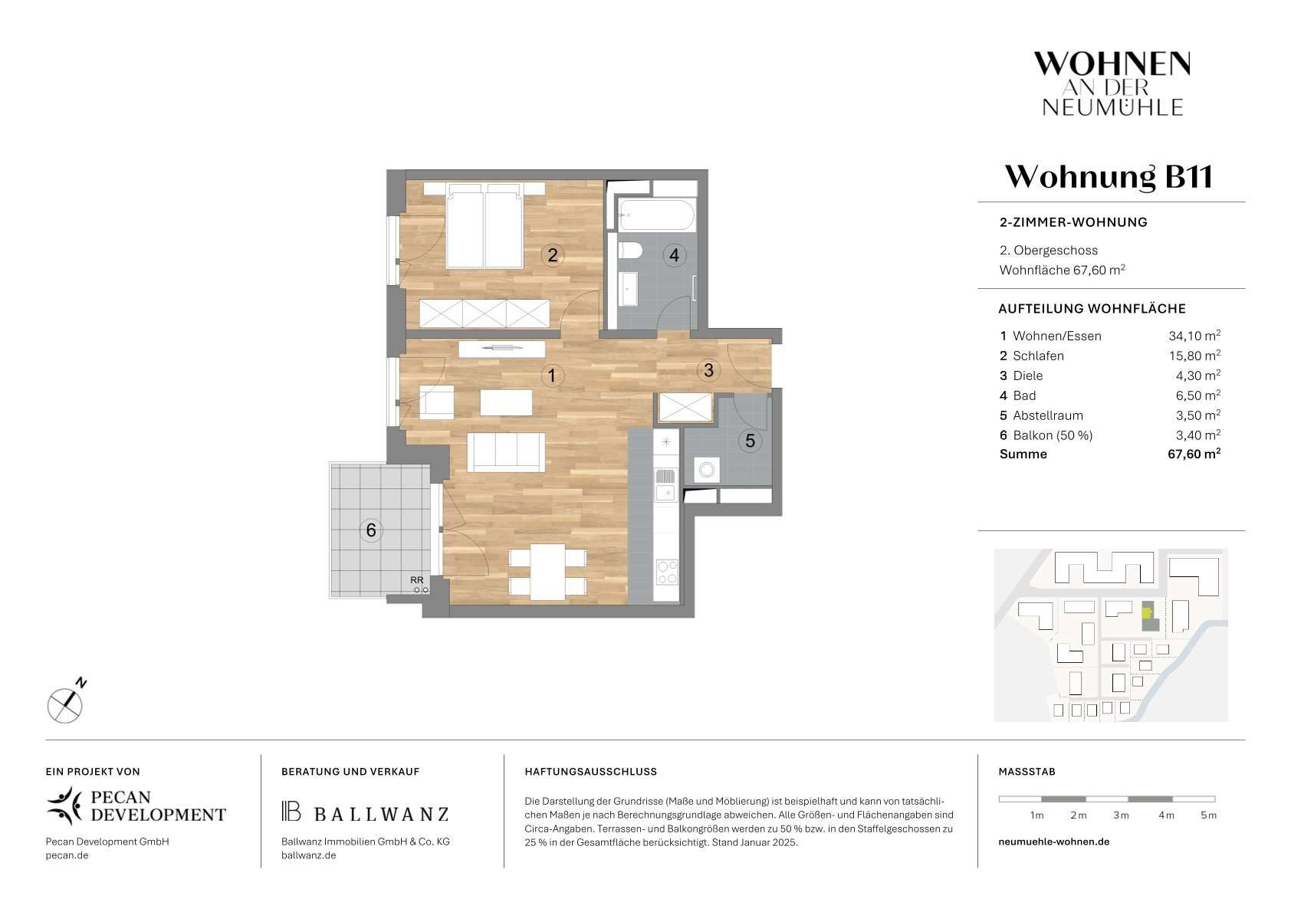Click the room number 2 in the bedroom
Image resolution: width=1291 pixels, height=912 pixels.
tap(552, 254)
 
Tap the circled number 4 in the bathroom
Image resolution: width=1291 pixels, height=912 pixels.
tap(674, 255)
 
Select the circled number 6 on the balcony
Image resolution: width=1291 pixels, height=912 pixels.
tap(371, 530)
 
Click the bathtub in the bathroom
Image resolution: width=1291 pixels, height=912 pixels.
tap(656, 215)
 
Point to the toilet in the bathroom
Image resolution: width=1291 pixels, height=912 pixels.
tap(630, 251)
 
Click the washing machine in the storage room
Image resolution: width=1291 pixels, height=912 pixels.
tap(707, 470)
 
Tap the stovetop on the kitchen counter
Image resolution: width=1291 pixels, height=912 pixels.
tap(667, 572)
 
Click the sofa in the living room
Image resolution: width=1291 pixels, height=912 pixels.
tap(505, 452)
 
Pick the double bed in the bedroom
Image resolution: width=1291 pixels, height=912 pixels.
tap(485, 226)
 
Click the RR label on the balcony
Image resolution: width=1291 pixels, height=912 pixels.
tap(417, 579)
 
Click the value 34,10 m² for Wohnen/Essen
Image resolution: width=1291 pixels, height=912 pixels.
tap(1194, 336)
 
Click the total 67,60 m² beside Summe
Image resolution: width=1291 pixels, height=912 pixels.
tap(1194, 454)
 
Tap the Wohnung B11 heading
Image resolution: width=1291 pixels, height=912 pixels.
tap(1109, 176)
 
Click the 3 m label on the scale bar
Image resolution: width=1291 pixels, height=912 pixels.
tap(1120, 815)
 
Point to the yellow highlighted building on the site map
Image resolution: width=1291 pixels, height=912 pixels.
tap(1147, 612)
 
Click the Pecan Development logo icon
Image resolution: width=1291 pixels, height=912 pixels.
tap(64, 805)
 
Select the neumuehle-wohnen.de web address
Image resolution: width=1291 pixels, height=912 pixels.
tap(1054, 841)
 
